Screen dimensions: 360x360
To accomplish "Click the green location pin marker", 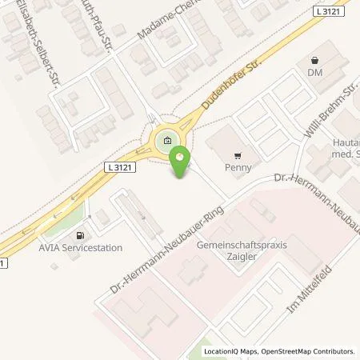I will [178, 163].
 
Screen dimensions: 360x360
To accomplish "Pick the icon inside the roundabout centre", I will [166, 142].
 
